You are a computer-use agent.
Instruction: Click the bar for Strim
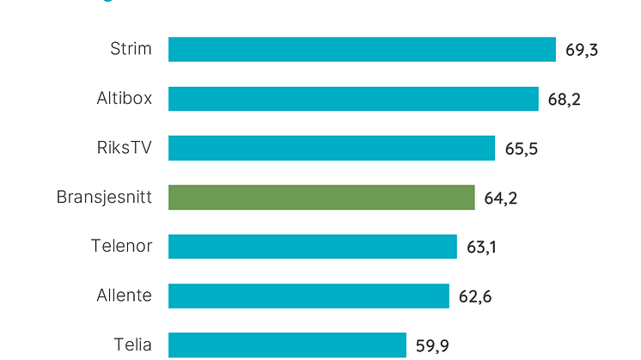[x=362, y=49]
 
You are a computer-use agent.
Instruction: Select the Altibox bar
[x=353, y=99]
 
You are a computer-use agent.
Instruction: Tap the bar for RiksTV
[x=332, y=148]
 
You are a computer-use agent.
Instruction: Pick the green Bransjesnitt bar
[x=321, y=198]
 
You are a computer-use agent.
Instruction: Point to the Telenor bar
[x=313, y=247]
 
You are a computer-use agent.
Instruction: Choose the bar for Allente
[x=308, y=296]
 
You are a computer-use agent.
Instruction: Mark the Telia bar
[x=287, y=345]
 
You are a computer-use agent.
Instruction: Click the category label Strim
[x=131, y=49]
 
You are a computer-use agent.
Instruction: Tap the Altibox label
[x=124, y=99]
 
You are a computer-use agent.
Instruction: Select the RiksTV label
[x=125, y=148]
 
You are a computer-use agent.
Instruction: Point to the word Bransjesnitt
[x=104, y=198]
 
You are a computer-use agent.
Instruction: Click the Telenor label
[x=121, y=247]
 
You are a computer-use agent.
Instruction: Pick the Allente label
[x=124, y=296]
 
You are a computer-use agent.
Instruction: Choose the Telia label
[x=132, y=345]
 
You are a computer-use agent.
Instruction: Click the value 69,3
[x=582, y=50]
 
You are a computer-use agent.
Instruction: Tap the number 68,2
[x=565, y=100]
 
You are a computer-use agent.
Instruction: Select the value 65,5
[x=522, y=149]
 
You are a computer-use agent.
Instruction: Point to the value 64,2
[x=501, y=198]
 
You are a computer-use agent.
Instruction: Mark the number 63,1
[x=482, y=247]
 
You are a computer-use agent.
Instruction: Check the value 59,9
[x=433, y=346]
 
